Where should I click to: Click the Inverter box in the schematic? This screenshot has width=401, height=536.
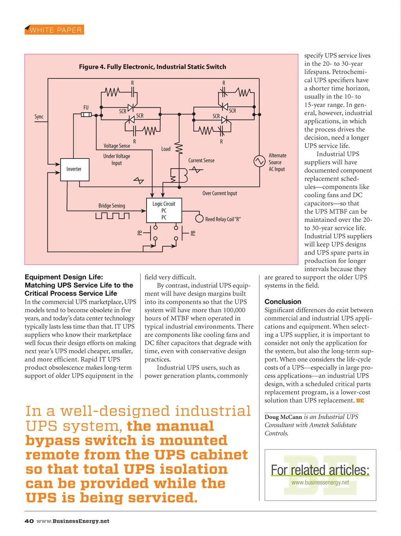[x=75, y=169]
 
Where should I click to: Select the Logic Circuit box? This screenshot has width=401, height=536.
[x=164, y=210]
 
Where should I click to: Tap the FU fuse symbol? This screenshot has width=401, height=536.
[x=86, y=115]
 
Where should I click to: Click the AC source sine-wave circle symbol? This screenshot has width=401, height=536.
[x=259, y=161]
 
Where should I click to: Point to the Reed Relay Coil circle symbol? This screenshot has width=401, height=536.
[x=199, y=219]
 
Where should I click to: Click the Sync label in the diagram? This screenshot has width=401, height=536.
[x=39, y=117]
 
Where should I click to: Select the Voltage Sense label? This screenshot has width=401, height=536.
[x=117, y=146]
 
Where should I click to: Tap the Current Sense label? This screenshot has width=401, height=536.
[x=201, y=160]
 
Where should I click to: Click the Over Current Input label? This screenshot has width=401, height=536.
[x=220, y=193]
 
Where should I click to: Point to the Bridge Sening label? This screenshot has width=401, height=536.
[x=112, y=206]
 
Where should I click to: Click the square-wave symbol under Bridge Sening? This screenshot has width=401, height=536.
[x=112, y=216]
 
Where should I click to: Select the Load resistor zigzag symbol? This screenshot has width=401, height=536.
[x=179, y=148]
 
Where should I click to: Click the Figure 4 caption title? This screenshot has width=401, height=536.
[x=152, y=67]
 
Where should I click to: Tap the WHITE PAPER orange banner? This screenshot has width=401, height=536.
[x=54, y=30]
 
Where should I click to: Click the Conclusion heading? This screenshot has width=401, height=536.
[x=283, y=302]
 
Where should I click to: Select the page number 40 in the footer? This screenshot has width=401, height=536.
[x=29, y=521]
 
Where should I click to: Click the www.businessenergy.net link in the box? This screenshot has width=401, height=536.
[x=320, y=482]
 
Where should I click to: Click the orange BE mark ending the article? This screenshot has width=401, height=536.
[x=360, y=401]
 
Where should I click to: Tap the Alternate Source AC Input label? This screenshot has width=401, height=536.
[x=277, y=162]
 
